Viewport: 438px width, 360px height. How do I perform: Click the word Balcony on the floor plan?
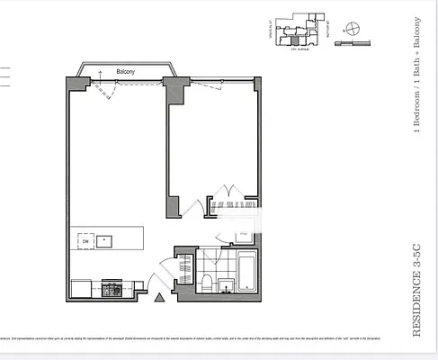pos(126,71)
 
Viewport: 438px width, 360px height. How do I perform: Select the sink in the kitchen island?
pos(107,240)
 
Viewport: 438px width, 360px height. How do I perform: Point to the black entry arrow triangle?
pos(159,297)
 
